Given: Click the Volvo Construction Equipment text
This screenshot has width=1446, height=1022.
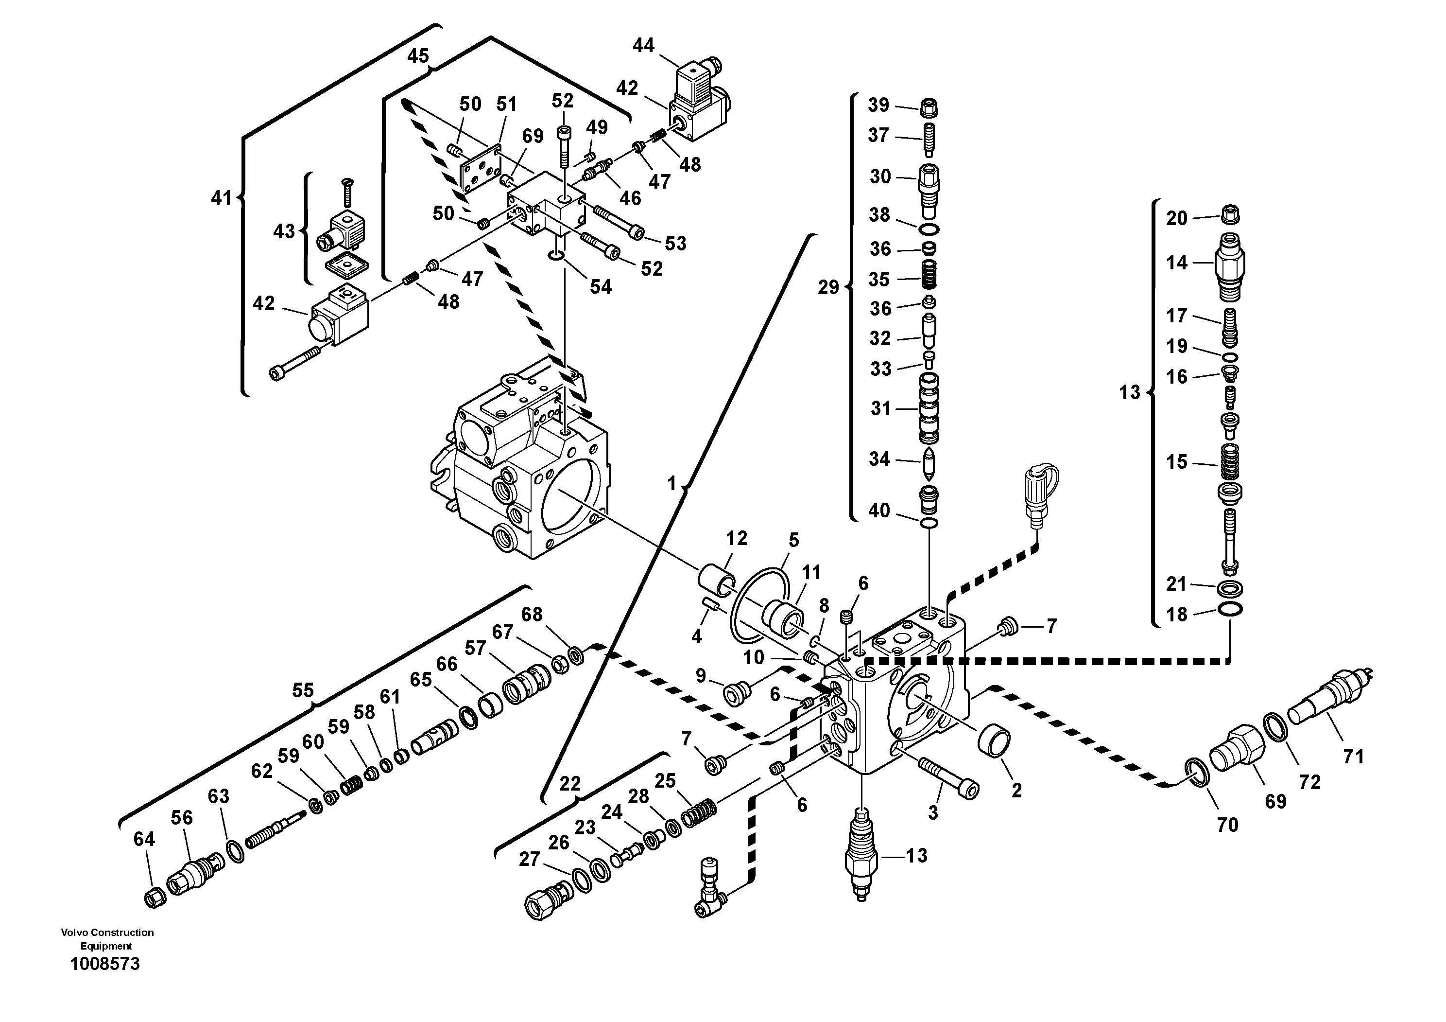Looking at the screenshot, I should (107, 939).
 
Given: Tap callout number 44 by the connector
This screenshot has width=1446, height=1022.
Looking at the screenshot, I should (643, 45).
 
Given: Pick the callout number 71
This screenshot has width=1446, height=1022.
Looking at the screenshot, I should (1353, 756).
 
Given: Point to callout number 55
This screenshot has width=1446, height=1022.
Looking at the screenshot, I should (302, 690).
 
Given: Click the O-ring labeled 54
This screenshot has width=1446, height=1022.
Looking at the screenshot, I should (554, 255).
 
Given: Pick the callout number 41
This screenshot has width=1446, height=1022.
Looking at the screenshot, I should (221, 198).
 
